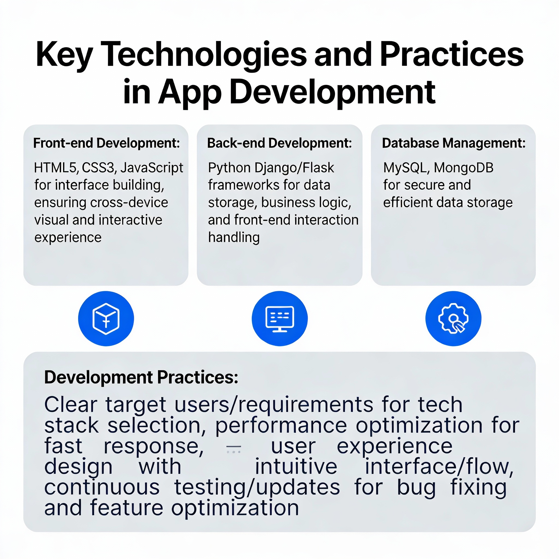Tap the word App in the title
pos(189,93)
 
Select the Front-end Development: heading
pos(106,143)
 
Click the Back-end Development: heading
pos(279,143)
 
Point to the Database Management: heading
pos(454,143)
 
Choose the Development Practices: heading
pos(141,377)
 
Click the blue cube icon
pos(106,319)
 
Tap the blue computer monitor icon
pos(279,319)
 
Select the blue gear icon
pos(453,319)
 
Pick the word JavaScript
pos(151,168)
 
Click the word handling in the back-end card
pos(234,237)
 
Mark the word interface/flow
pos(439,467)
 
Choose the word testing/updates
pos(257,487)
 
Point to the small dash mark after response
pos(233,449)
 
